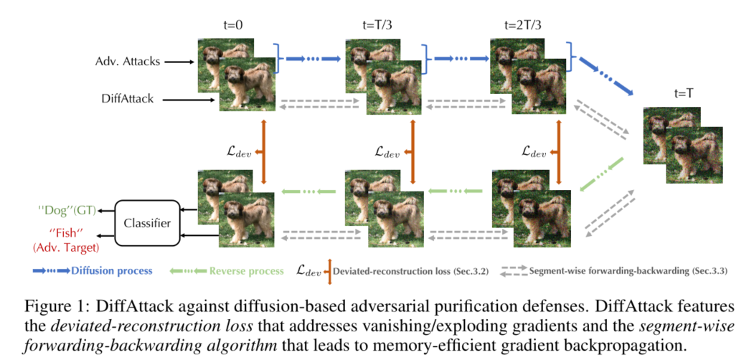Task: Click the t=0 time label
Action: click(234, 25)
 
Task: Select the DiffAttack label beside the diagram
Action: click(127, 99)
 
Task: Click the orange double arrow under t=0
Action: click(265, 150)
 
